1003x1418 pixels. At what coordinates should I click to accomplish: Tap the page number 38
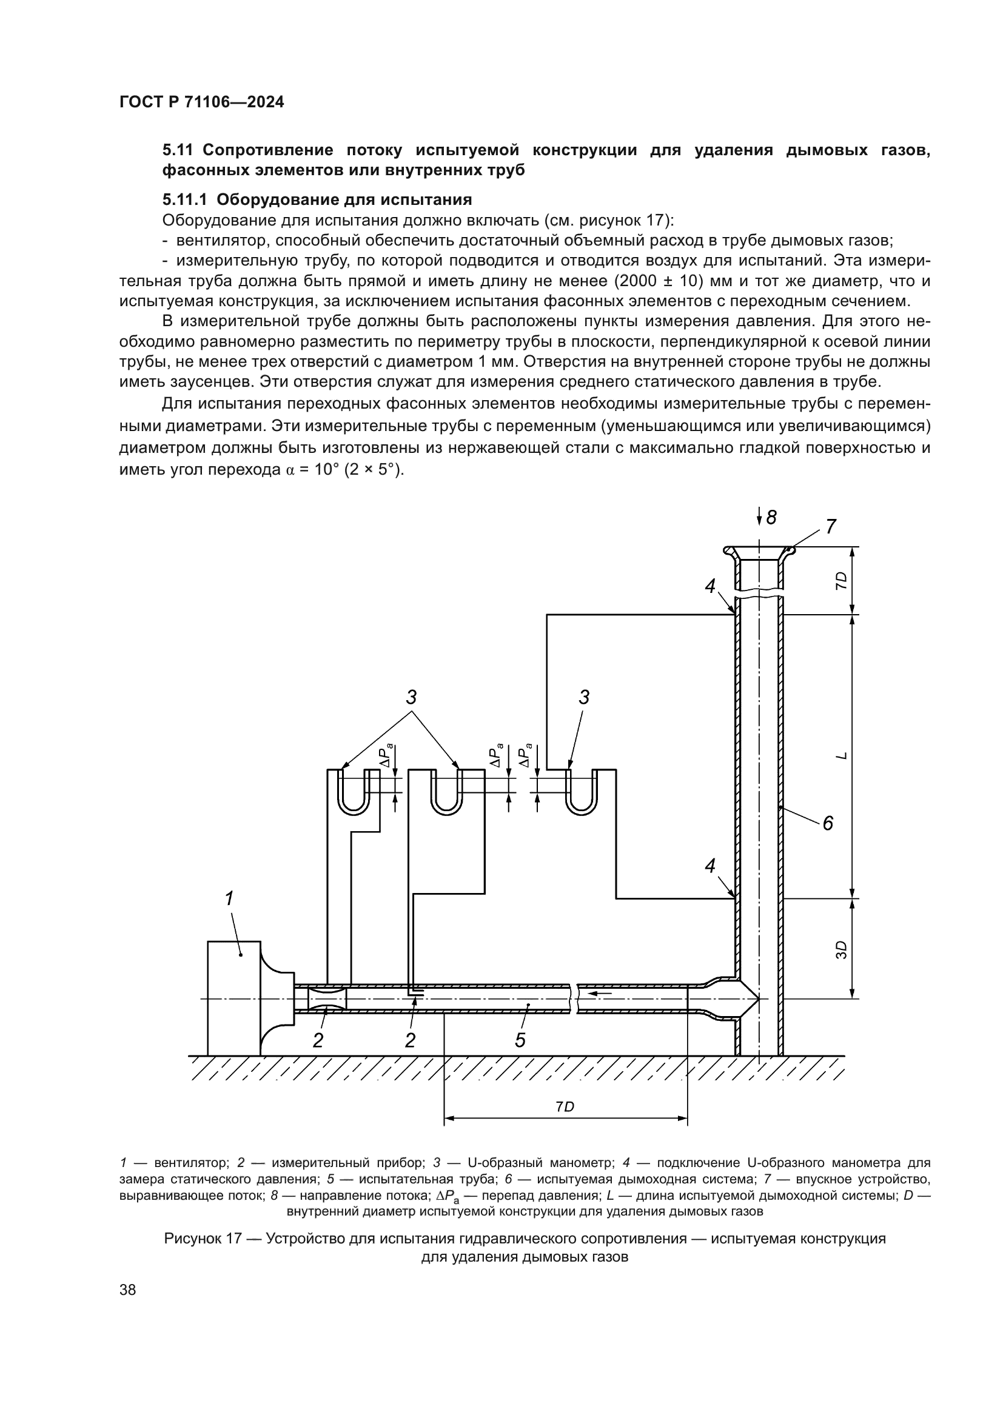pyautogui.click(x=128, y=1289)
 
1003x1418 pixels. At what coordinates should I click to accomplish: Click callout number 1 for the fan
pyautogui.click(x=229, y=898)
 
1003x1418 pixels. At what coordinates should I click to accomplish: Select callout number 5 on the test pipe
pyautogui.click(x=520, y=1041)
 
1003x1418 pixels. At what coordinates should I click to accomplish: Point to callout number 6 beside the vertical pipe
pyautogui.click(x=827, y=823)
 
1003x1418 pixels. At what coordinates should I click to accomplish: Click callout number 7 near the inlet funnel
pyautogui.click(x=831, y=527)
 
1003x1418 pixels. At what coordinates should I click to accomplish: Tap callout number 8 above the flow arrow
pyautogui.click(x=771, y=517)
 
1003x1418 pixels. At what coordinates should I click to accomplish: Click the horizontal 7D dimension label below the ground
pyautogui.click(x=565, y=1107)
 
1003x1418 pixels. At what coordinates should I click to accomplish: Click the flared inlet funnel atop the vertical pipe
pyautogui.click(x=759, y=552)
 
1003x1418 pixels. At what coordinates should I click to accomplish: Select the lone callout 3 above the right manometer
pyautogui.click(x=583, y=697)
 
